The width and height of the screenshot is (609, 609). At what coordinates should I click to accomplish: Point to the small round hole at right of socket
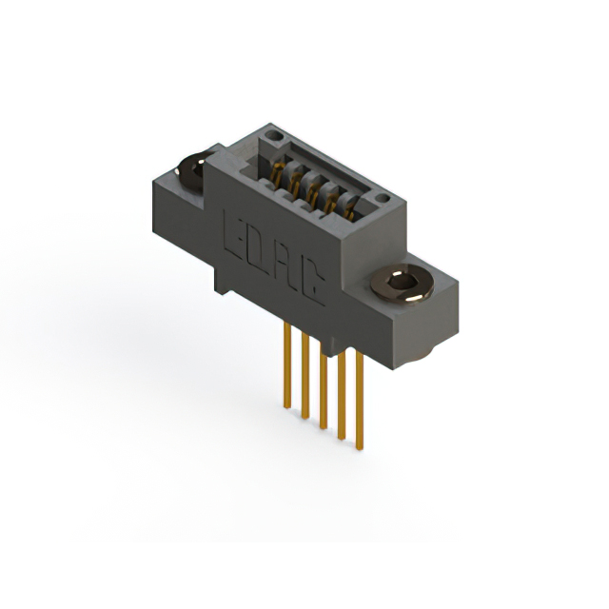tap(383, 198)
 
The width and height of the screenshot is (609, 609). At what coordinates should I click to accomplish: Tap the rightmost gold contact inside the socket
tap(348, 212)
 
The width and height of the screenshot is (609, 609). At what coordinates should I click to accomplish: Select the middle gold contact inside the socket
tap(312, 192)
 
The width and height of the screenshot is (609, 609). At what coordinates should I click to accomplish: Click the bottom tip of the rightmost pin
tap(360, 447)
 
